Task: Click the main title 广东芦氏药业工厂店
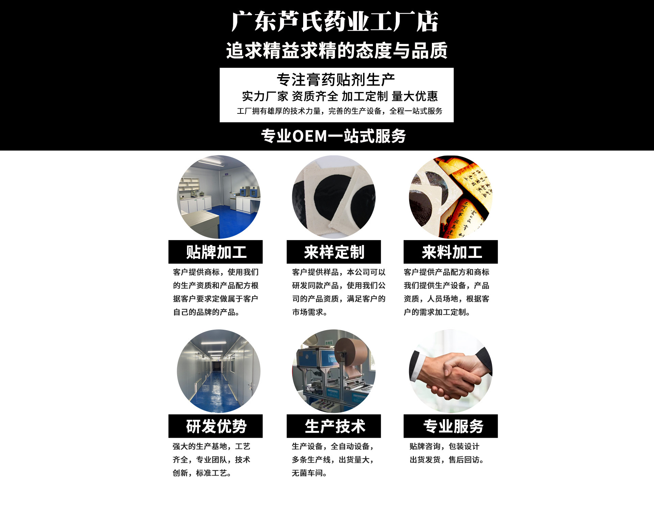click(x=335, y=21)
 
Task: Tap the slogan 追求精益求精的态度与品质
click(x=337, y=50)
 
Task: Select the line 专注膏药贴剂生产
click(x=336, y=80)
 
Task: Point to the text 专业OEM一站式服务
click(x=333, y=136)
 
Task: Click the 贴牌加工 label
click(x=216, y=252)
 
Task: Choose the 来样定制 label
click(x=334, y=252)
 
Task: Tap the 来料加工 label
click(x=452, y=252)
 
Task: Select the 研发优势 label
click(x=216, y=426)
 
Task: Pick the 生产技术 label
click(x=335, y=426)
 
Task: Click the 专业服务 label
click(x=453, y=426)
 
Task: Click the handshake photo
click(x=451, y=371)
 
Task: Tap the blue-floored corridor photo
click(x=219, y=371)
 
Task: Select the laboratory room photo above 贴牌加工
click(x=219, y=197)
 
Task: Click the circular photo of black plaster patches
click(x=334, y=197)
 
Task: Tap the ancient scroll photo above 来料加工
click(x=451, y=197)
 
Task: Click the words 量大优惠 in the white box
click(x=415, y=96)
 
